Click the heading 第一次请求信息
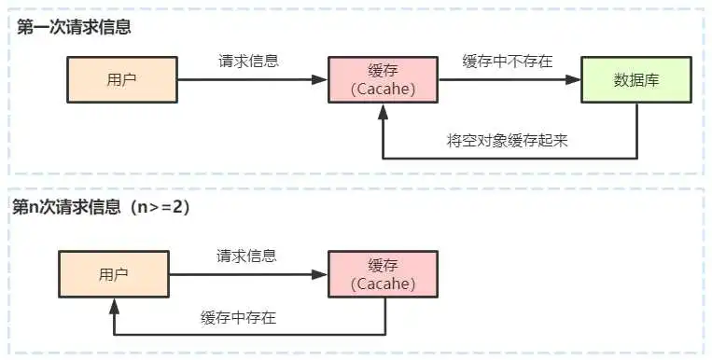(74, 26)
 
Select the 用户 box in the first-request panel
(122, 79)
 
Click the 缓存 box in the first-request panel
(384, 79)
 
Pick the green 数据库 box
(636, 79)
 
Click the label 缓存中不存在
(508, 62)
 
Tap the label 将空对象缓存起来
(508, 141)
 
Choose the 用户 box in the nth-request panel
(113, 274)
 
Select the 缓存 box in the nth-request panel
(384, 274)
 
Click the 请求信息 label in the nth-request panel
(247, 256)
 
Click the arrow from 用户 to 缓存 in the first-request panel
(252, 80)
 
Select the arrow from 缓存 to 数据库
(510, 80)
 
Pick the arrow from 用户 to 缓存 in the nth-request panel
(247, 274)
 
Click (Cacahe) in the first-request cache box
(384, 89)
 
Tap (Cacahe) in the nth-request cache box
(384, 284)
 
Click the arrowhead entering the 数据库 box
(575, 80)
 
